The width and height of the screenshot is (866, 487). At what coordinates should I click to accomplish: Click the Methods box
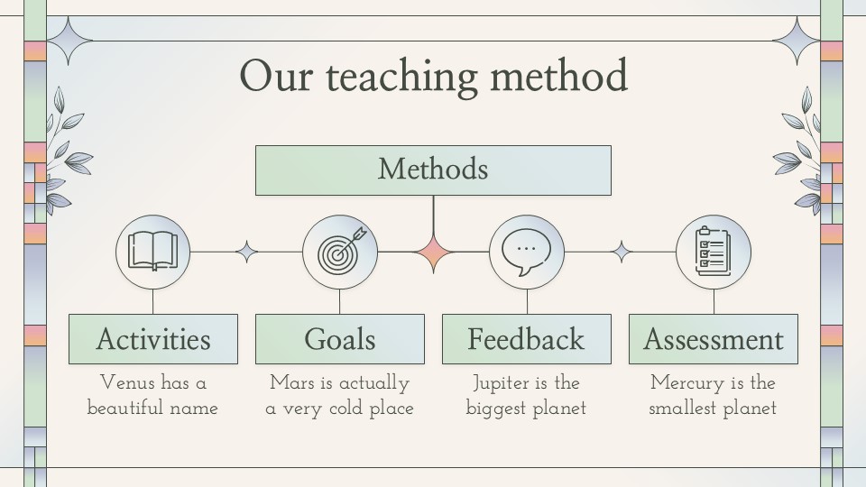click(433, 170)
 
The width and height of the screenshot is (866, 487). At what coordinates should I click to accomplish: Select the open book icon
click(153, 252)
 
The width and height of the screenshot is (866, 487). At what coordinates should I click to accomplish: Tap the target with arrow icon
click(341, 252)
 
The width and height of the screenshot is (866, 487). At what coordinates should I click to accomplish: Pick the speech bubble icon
click(526, 253)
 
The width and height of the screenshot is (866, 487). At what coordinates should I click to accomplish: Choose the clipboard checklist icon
click(713, 252)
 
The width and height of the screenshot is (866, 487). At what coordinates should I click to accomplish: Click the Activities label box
click(153, 339)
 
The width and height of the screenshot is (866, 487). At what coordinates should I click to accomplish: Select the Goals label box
click(340, 339)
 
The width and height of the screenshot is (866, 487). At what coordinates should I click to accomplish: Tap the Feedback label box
click(526, 339)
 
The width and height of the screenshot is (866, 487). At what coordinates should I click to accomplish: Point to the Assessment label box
click(713, 339)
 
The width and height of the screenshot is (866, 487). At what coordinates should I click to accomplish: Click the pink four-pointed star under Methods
click(434, 253)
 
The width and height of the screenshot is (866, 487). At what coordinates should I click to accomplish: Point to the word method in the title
click(559, 75)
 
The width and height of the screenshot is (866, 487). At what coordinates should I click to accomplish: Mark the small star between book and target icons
click(247, 252)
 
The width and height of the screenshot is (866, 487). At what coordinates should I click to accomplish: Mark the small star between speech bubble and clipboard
click(622, 252)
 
